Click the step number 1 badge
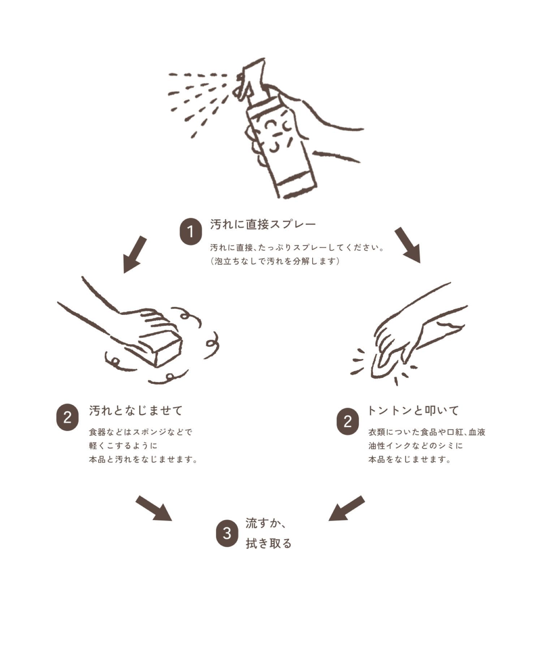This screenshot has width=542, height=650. pos(191,231)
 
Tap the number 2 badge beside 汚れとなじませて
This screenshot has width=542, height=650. pos(67,417)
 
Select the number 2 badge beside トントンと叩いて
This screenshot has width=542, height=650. pos(348,421)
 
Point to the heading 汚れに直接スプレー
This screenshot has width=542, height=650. pos(263,225)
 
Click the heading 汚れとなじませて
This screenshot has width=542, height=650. pos(136,411)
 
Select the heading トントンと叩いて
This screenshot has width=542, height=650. pos(413,411)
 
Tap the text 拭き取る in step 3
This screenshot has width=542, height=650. pos(268,543)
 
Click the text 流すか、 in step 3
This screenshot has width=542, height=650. pos(266,523)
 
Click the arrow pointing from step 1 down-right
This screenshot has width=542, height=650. pos(408,245)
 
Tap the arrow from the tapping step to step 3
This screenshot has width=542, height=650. pos(347,508)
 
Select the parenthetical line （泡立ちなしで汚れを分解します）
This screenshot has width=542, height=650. pos(275,261)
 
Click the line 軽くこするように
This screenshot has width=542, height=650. pos(123,446)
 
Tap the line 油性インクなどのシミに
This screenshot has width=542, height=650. pos(416,446)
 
